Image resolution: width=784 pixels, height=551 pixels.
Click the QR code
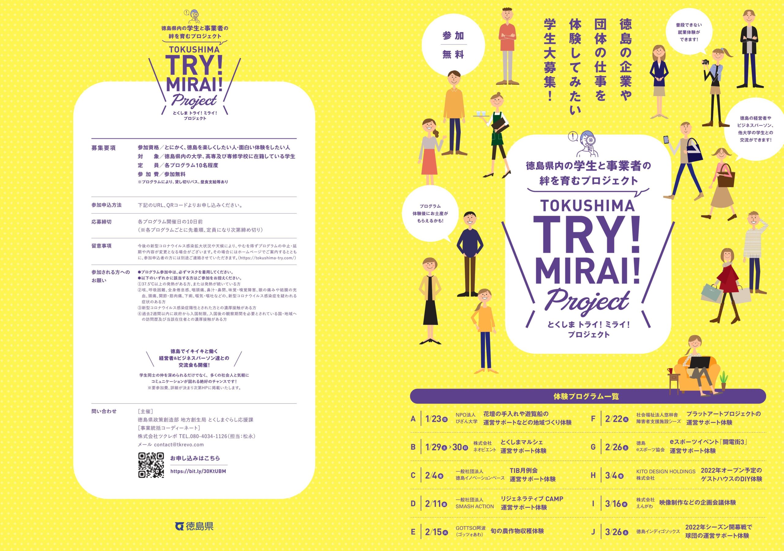tap(151, 465)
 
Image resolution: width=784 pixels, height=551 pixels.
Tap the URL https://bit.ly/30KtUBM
tap(198, 471)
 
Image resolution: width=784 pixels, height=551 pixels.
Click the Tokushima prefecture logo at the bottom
tap(194, 526)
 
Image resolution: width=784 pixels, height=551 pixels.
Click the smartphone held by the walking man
tap(665, 140)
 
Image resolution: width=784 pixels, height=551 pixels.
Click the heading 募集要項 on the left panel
tap(104, 148)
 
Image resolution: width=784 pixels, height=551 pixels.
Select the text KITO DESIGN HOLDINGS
tap(666, 471)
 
